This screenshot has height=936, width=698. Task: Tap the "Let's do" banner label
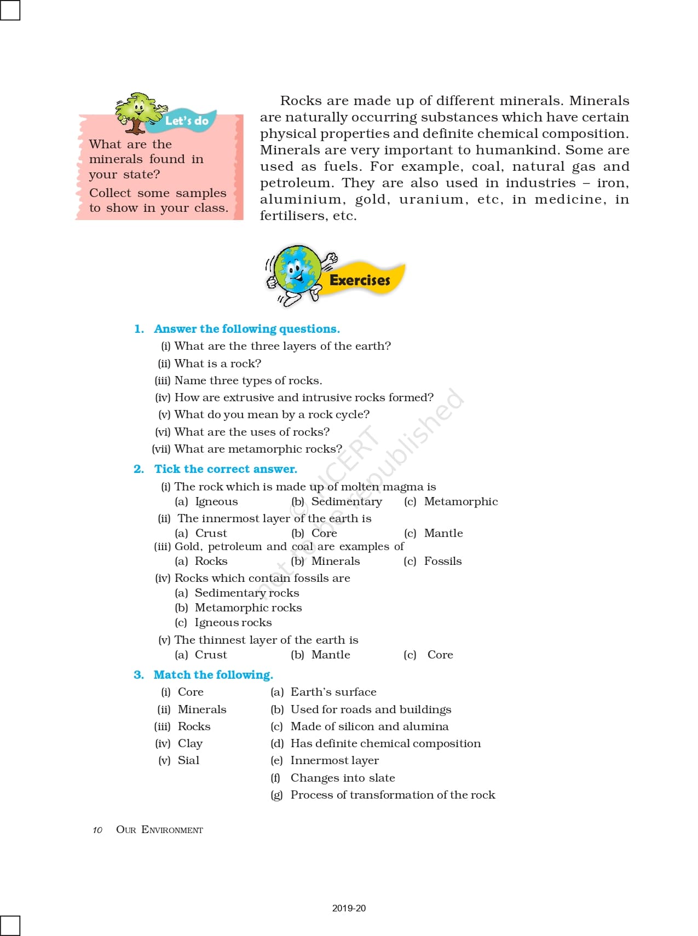187,120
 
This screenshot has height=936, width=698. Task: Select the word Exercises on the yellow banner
360,280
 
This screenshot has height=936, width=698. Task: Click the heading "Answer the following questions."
246,329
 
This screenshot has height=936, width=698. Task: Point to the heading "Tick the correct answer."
226,469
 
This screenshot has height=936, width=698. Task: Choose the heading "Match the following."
213,675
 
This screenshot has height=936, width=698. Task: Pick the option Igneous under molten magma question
216,501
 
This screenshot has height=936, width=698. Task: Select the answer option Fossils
443,561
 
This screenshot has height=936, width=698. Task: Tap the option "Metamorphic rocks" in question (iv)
248,608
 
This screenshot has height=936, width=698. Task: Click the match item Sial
188,760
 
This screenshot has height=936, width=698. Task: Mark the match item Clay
190,743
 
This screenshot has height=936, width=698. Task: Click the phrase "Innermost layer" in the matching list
334,760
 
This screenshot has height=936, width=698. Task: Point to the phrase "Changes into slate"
343,778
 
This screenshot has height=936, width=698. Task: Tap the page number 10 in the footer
97,830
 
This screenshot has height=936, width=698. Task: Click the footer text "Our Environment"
159,830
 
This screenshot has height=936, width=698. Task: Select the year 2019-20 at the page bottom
349,908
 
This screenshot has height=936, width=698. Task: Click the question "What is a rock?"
217,363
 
